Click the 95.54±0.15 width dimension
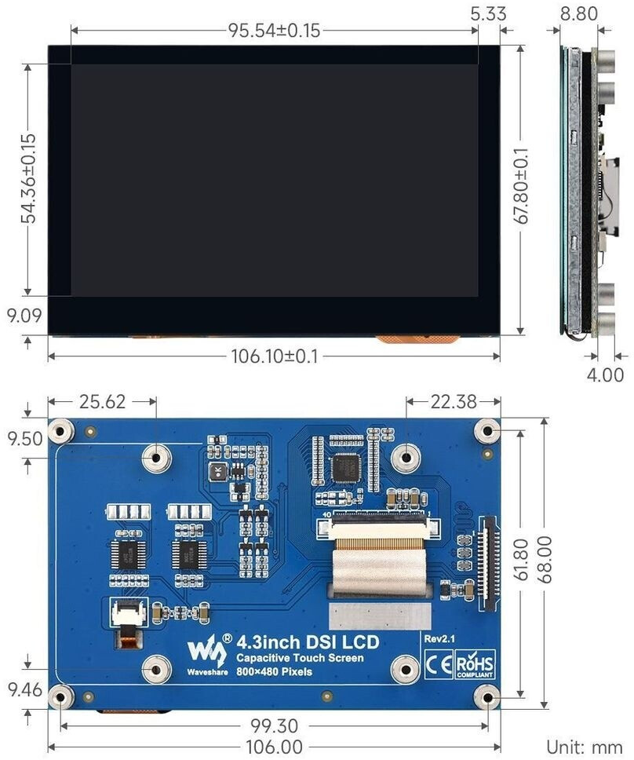tap(274, 31)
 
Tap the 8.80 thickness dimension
tap(580, 13)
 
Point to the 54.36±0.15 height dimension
tap(28, 178)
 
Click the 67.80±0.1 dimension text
tap(522, 188)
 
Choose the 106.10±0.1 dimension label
tap(274, 356)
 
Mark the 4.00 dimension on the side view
tap(606, 375)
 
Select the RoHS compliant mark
tap(476, 664)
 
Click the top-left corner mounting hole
tap(61, 431)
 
